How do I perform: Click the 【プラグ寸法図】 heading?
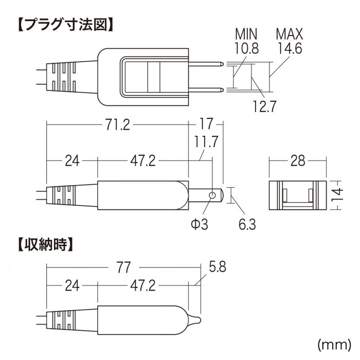coord(66,25)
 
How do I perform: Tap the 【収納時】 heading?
coord(45,244)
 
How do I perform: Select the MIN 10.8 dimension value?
coord(246,41)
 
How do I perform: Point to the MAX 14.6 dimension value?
coord(290,41)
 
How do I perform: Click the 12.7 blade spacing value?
coord(264,106)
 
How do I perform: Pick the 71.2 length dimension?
coord(118,125)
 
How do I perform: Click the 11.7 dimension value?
coord(206,141)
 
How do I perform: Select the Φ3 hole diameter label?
coord(200,224)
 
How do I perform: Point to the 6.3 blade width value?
coord(247,224)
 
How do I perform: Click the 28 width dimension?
coord(298,160)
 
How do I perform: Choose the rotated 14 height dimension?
coord(337,195)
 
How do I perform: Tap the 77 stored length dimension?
coord(123,267)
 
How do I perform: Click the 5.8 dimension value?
coord(217,266)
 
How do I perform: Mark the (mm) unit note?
coord(334,344)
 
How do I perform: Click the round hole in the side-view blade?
coord(212,195)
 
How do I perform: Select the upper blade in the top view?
coord(206,64)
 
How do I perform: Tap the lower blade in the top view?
coord(206,90)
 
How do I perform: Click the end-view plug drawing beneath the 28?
coord(298,195)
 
